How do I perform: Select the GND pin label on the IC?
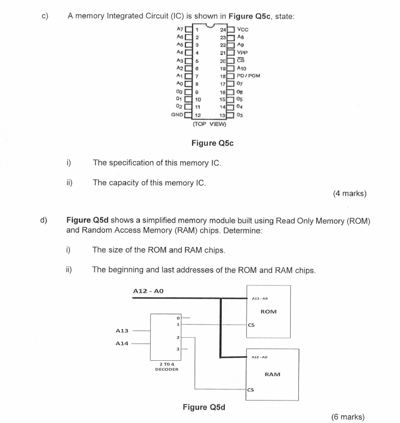(178, 115)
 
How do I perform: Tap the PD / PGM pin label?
(249, 76)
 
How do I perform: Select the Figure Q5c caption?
(212, 143)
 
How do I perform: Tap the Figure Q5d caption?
(204, 407)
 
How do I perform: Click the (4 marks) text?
(349, 193)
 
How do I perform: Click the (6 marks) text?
(348, 417)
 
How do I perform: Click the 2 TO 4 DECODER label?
(167, 366)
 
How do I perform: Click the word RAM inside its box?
(272, 375)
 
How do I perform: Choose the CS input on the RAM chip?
(250, 391)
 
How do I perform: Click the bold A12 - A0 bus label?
(148, 290)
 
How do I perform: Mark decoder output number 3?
(178, 350)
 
